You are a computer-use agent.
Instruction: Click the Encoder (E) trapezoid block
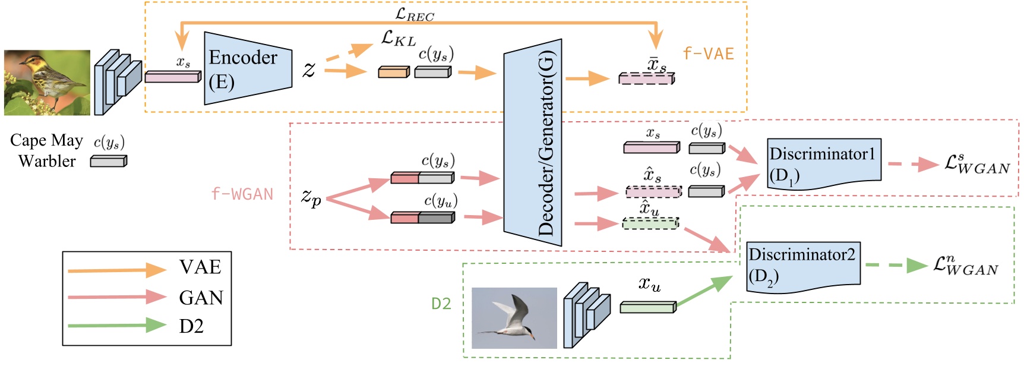(246, 68)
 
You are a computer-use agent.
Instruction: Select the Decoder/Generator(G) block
(533, 143)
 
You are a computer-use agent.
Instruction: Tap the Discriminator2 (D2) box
(802, 266)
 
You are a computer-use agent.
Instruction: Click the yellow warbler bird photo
(47, 83)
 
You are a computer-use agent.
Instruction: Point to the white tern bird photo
(514, 318)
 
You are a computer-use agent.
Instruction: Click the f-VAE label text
(708, 54)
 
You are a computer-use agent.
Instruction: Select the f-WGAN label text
(242, 194)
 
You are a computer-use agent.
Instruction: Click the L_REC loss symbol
(415, 14)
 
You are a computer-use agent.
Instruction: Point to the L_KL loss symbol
(398, 39)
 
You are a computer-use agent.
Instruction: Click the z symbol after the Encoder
(309, 70)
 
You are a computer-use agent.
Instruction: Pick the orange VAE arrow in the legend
(116, 270)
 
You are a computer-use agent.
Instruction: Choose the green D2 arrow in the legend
(116, 325)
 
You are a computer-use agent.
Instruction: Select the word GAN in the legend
(201, 297)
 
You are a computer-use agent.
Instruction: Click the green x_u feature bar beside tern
(647, 307)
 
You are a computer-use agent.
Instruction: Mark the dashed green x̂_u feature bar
(650, 223)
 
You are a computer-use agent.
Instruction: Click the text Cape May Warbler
(46, 150)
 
